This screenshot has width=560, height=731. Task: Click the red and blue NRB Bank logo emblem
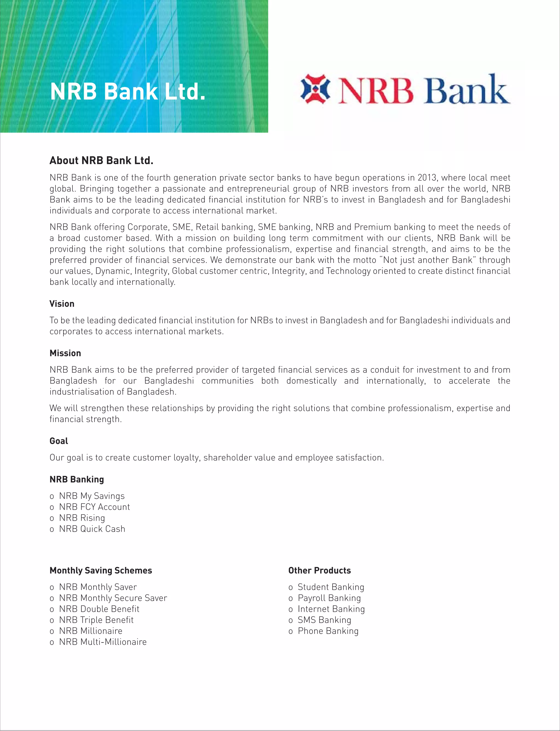[315, 89]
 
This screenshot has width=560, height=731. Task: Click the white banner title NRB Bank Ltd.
[128, 92]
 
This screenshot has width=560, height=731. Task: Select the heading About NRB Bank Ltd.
[101, 160]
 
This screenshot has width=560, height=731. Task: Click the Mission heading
[65, 353]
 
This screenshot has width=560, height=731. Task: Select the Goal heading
[59, 441]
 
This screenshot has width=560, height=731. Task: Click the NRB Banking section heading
[77, 479]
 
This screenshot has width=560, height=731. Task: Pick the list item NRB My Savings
[92, 496]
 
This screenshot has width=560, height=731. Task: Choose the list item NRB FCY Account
[94, 507]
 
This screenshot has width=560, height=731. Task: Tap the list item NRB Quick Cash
[92, 529]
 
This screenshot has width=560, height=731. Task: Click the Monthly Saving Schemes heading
[101, 571]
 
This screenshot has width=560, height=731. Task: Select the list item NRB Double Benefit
[99, 609]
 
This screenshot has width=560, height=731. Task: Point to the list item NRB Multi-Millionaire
[103, 642]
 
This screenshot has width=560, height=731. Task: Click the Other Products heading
[319, 571]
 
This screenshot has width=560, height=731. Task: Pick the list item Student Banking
[331, 587]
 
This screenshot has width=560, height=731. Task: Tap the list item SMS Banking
[324, 620]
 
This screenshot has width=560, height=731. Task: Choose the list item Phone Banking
[328, 631]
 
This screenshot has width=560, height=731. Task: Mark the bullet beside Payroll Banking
[291, 599]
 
